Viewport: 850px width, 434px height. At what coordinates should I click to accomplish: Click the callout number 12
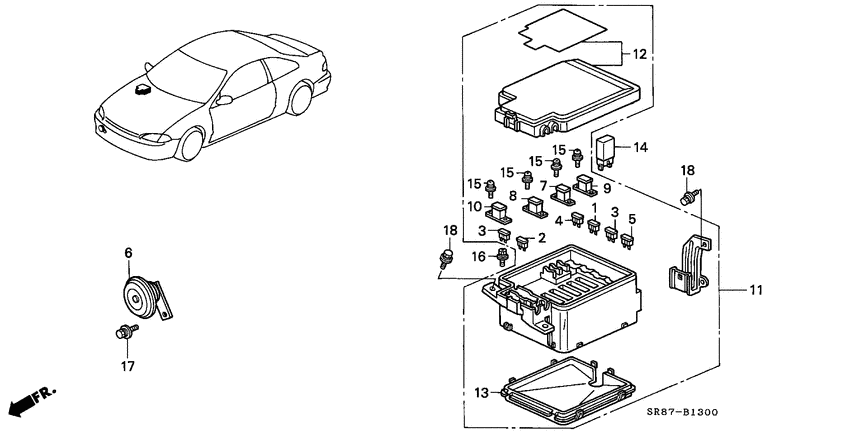(x=639, y=54)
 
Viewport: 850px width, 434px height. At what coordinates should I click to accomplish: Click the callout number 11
(x=755, y=290)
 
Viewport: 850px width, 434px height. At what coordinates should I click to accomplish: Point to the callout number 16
(x=479, y=257)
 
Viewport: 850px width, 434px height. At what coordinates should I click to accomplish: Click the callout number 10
(x=473, y=207)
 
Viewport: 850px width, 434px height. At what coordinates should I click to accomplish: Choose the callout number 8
(x=513, y=197)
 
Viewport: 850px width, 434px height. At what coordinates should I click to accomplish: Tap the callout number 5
(x=630, y=218)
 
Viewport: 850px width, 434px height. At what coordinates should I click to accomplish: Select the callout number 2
(x=541, y=238)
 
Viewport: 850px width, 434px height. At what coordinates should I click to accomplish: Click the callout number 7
(x=543, y=185)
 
